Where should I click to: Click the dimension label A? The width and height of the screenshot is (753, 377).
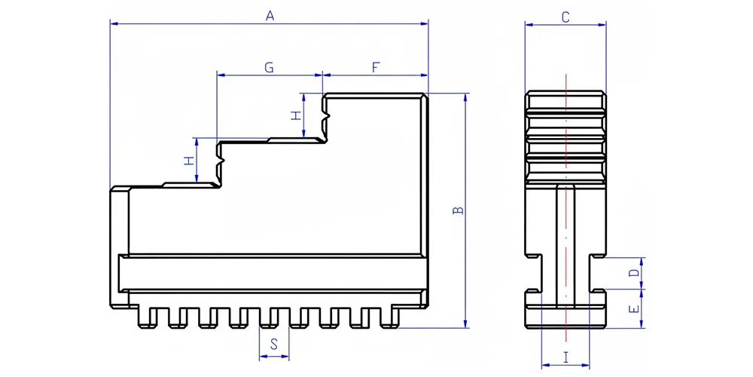pyautogui.click(x=270, y=16)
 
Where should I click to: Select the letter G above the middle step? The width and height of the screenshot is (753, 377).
pyautogui.click(x=270, y=68)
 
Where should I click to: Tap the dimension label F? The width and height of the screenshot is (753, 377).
pyautogui.click(x=376, y=68)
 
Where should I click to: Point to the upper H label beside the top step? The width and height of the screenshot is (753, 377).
pyautogui.click(x=296, y=115)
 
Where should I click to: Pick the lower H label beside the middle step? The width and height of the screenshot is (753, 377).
pyautogui.click(x=190, y=161)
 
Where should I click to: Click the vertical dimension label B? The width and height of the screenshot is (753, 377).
pyautogui.click(x=458, y=210)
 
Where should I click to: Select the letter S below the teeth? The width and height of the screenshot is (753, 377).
pyautogui.click(x=274, y=344)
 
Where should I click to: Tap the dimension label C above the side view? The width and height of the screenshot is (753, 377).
pyautogui.click(x=566, y=17)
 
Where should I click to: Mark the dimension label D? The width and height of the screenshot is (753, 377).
pyautogui.click(x=634, y=273)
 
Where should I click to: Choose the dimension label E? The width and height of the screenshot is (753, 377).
pyautogui.click(x=634, y=308)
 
